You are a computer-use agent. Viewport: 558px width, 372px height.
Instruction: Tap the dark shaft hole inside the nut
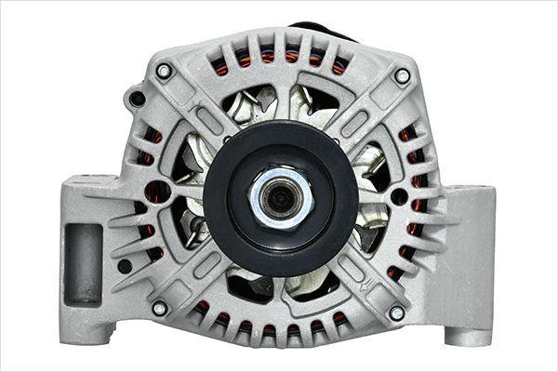279,197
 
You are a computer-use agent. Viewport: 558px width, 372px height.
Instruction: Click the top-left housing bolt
164,71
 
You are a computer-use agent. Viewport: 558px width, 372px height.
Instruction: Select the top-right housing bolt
402,75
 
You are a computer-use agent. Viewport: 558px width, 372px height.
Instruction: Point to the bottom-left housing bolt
159,307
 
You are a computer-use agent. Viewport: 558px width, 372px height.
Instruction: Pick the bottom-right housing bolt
396,312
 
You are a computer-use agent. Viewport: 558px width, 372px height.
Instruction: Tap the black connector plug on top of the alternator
321,30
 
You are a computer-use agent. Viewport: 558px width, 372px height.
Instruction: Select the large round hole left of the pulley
157,193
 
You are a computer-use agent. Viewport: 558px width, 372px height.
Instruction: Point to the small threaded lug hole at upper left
138,98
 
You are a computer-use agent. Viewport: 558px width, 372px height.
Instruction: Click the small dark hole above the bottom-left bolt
125,266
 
